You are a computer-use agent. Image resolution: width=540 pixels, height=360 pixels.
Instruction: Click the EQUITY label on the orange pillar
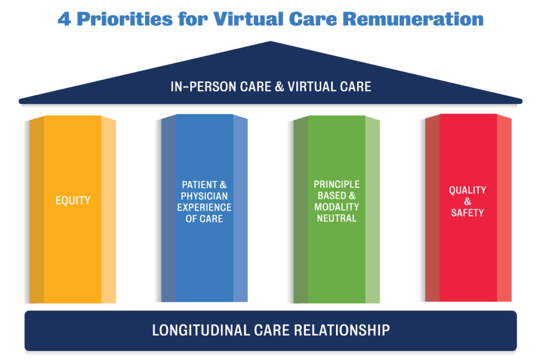pyautogui.click(x=73, y=201)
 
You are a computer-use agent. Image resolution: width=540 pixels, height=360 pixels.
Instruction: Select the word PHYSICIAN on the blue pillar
pyautogui.click(x=204, y=196)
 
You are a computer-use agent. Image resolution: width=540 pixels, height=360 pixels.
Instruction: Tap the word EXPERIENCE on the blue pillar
pyautogui.click(x=204, y=207)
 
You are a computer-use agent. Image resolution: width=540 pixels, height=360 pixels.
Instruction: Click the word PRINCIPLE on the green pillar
pyautogui.click(x=336, y=184)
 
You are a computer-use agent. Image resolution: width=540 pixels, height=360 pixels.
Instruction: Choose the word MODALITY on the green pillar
pyautogui.click(x=336, y=207)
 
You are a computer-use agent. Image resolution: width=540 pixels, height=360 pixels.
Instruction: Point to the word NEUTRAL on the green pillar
pyautogui.click(x=336, y=218)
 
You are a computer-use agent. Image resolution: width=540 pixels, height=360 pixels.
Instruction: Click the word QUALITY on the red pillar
pyautogui.click(x=467, y=190)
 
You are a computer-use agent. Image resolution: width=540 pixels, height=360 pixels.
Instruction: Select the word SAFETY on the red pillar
pyautogui.click(x=467, y=213)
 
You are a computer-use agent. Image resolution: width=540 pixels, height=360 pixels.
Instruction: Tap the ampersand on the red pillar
pyautogui.click(x=467, y=202)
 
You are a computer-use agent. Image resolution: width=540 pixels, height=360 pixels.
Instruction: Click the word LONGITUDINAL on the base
pyautogui.click(x=198, y=330)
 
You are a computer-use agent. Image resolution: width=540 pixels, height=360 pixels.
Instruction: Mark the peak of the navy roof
pyautogui.click(x=271, y=42)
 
